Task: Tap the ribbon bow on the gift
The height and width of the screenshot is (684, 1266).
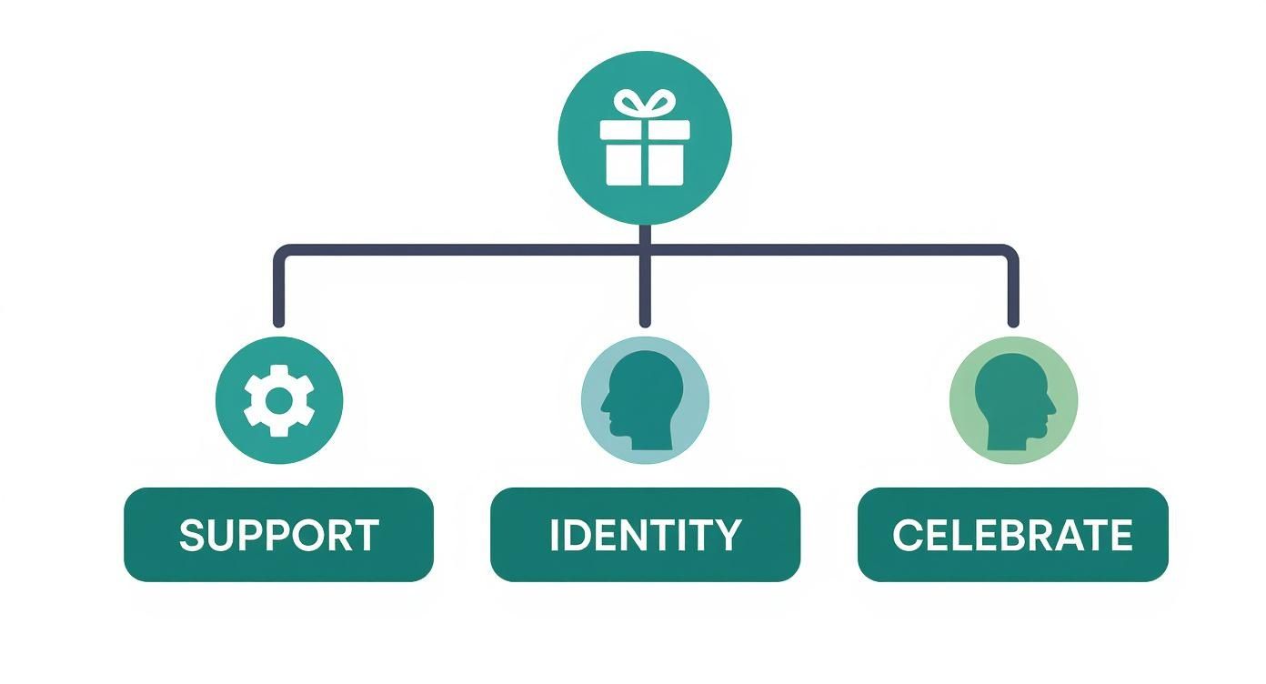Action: (644, 103)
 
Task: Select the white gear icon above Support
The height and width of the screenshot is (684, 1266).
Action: (279, 400)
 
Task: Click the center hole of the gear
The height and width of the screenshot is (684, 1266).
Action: (279, 400)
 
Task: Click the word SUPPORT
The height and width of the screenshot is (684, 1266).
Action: (278, 535)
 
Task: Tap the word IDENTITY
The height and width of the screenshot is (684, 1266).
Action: (645, 535)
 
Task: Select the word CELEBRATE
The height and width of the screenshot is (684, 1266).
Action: (1012, 535)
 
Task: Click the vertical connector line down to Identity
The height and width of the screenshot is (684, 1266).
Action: (645, 287)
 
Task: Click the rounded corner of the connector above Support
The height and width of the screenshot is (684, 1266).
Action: (283, 253)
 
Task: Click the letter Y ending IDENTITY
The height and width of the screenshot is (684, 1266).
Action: (728, 535)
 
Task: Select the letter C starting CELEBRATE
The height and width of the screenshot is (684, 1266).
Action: (906, 535)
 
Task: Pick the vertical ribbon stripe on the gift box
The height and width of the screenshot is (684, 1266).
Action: (644, 155)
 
